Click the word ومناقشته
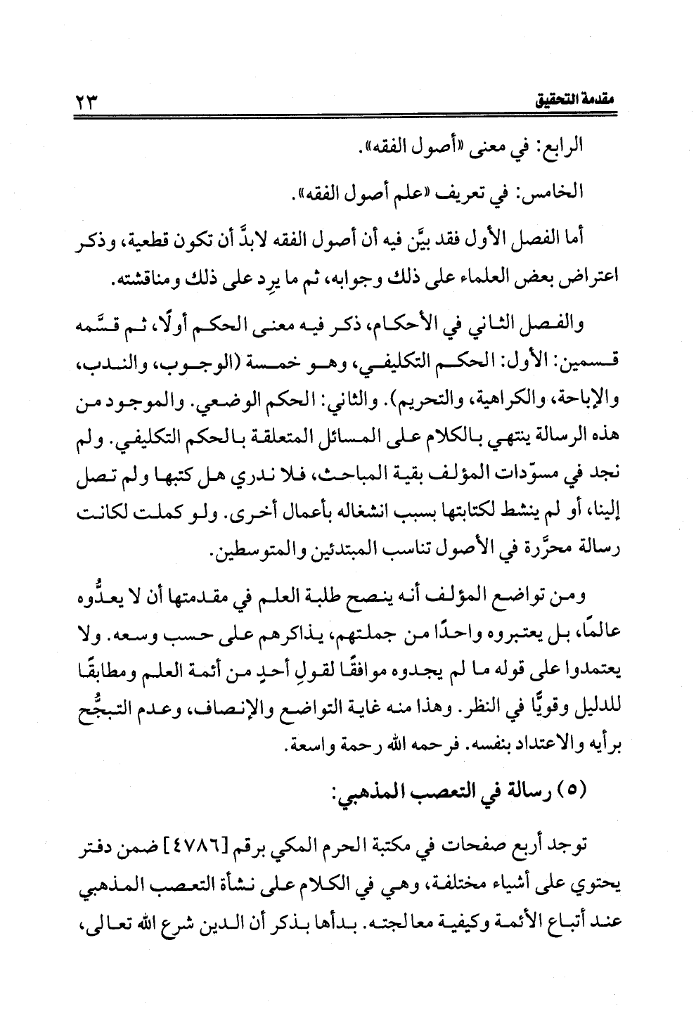(x=139, y=281)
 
